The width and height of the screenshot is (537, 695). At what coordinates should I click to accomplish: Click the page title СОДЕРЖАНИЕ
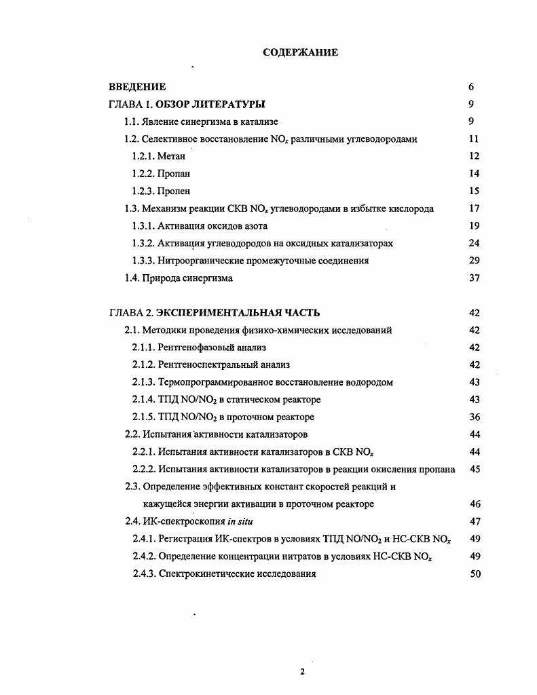pyautogui.click(x=300, y=52)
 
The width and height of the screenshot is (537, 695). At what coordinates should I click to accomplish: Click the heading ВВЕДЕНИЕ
pyautogui.click(x=137, y=87)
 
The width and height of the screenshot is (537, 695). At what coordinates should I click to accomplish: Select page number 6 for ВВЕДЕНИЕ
pyautogui.click(x=471, y=87)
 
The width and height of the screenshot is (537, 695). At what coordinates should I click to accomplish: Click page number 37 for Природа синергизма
pyautogui.click(x=475, y=278)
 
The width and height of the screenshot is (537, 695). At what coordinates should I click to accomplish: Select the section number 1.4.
pyautogui.click(x=132, y=278)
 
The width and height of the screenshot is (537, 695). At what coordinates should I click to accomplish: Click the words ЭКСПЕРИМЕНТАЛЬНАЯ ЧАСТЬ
pyautogui.click(x=238, y=313)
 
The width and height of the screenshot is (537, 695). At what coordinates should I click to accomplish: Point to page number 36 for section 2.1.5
pyautogui.click(x=475, y=417)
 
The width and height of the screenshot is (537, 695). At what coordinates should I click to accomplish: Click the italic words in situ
pyautogui.click(x=241, y=521)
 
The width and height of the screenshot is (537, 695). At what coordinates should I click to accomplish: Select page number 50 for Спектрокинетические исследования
pyautogui.click(x=475, y=574)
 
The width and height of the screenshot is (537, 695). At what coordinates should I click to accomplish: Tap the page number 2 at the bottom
pyautogui.click(x=302, y=672)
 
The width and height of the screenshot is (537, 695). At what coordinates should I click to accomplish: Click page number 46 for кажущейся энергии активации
pyautogui.click(x=475, y=504)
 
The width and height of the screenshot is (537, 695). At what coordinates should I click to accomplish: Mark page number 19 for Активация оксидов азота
pyautogui.click(x=475, y=226)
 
